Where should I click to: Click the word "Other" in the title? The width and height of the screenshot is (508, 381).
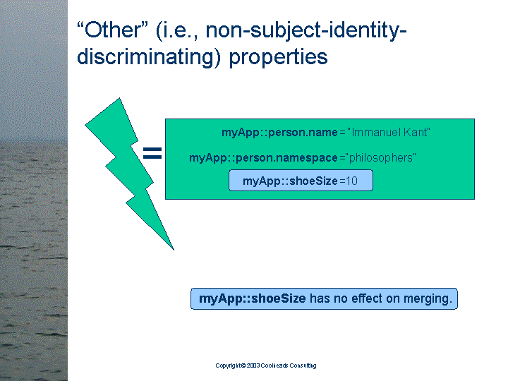(x=114, y=30)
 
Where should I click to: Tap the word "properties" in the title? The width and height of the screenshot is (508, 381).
(x=278, y=57)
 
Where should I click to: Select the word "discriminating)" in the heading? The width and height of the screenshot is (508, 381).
(x=149, y=57)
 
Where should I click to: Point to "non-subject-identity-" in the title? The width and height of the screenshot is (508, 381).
(x=306, y=31)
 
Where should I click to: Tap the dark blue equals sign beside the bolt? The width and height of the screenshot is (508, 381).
(x=152, y=153)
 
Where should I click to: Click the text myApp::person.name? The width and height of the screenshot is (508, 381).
(x=279, y=133)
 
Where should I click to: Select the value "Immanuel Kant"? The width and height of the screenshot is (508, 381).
(x=389, y=132)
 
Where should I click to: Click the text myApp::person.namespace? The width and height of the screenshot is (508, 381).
(x=263, y=158)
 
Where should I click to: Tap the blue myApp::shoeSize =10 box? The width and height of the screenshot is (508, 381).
(x=301, y=181)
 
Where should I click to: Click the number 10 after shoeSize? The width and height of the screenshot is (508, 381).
(x=351, y=181)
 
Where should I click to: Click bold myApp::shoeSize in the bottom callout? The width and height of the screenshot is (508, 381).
(x=253, y=298)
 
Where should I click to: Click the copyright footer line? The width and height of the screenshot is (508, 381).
(x=266, y=365)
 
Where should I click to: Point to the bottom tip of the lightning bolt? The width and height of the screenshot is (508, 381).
(x=174, y=250)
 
